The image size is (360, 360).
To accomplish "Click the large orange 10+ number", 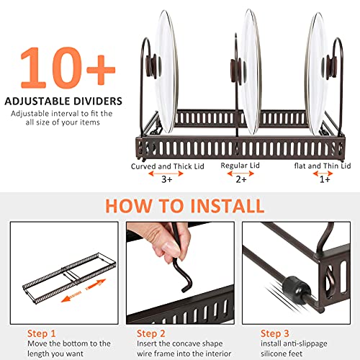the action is [x=68, y=68].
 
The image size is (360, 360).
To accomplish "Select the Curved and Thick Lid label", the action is [x=168, y=166].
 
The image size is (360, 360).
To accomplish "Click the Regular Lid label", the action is [x=240, y=166].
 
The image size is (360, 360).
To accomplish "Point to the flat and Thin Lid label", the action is [x=323, y=166].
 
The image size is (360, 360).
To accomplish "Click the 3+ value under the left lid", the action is [x=167, y=179].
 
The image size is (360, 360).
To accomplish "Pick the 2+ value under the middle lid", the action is [x=241, y=179].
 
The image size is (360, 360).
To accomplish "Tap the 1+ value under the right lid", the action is [x=325, y=179].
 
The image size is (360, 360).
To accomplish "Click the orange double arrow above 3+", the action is [x=166, y=174].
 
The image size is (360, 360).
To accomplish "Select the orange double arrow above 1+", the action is [x=323, y=174].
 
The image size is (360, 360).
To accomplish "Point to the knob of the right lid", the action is [x=330, y=67].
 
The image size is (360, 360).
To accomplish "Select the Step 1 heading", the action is [x=41, y=333].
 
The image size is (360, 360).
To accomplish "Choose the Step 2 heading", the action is [x=151, y=333].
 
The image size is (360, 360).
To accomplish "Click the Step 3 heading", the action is [x=275, y=333].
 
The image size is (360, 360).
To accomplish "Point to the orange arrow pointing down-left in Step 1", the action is [x=71, y=297].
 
